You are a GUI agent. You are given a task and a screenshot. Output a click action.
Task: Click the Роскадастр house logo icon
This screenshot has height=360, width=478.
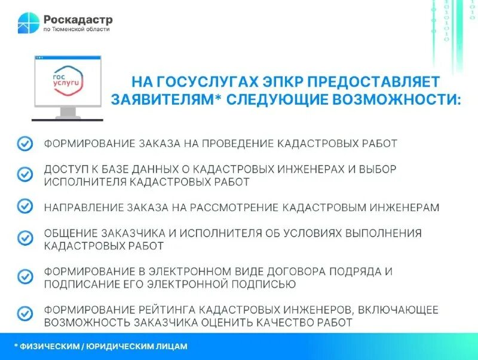28,23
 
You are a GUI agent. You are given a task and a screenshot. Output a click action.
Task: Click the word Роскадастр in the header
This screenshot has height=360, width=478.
77,19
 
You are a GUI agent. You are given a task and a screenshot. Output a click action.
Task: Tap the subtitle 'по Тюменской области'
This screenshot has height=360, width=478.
76,29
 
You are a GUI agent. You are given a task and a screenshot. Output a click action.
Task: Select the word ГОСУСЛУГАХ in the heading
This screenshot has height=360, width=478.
197,81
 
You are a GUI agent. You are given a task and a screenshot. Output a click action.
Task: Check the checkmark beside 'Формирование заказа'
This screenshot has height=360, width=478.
24,144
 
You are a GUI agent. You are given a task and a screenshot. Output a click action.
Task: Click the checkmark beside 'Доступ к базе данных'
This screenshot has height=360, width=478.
24,174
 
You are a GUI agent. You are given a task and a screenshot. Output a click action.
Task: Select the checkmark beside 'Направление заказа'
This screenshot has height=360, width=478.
24,206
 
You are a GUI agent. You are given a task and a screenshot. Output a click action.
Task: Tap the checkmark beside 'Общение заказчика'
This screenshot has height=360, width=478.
24,238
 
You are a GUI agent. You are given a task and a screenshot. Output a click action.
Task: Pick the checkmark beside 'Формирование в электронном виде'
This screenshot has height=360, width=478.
24,276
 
